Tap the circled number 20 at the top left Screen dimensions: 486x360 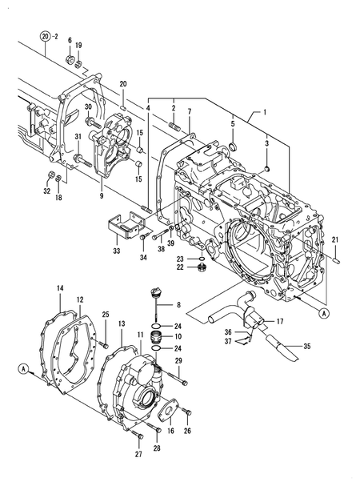pos(46,36)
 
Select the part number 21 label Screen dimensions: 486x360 pos(336,241)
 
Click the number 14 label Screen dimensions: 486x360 pos(60,287)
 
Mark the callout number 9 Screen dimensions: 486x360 pos(102,195)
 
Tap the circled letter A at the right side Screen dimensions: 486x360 pos(324,313)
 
